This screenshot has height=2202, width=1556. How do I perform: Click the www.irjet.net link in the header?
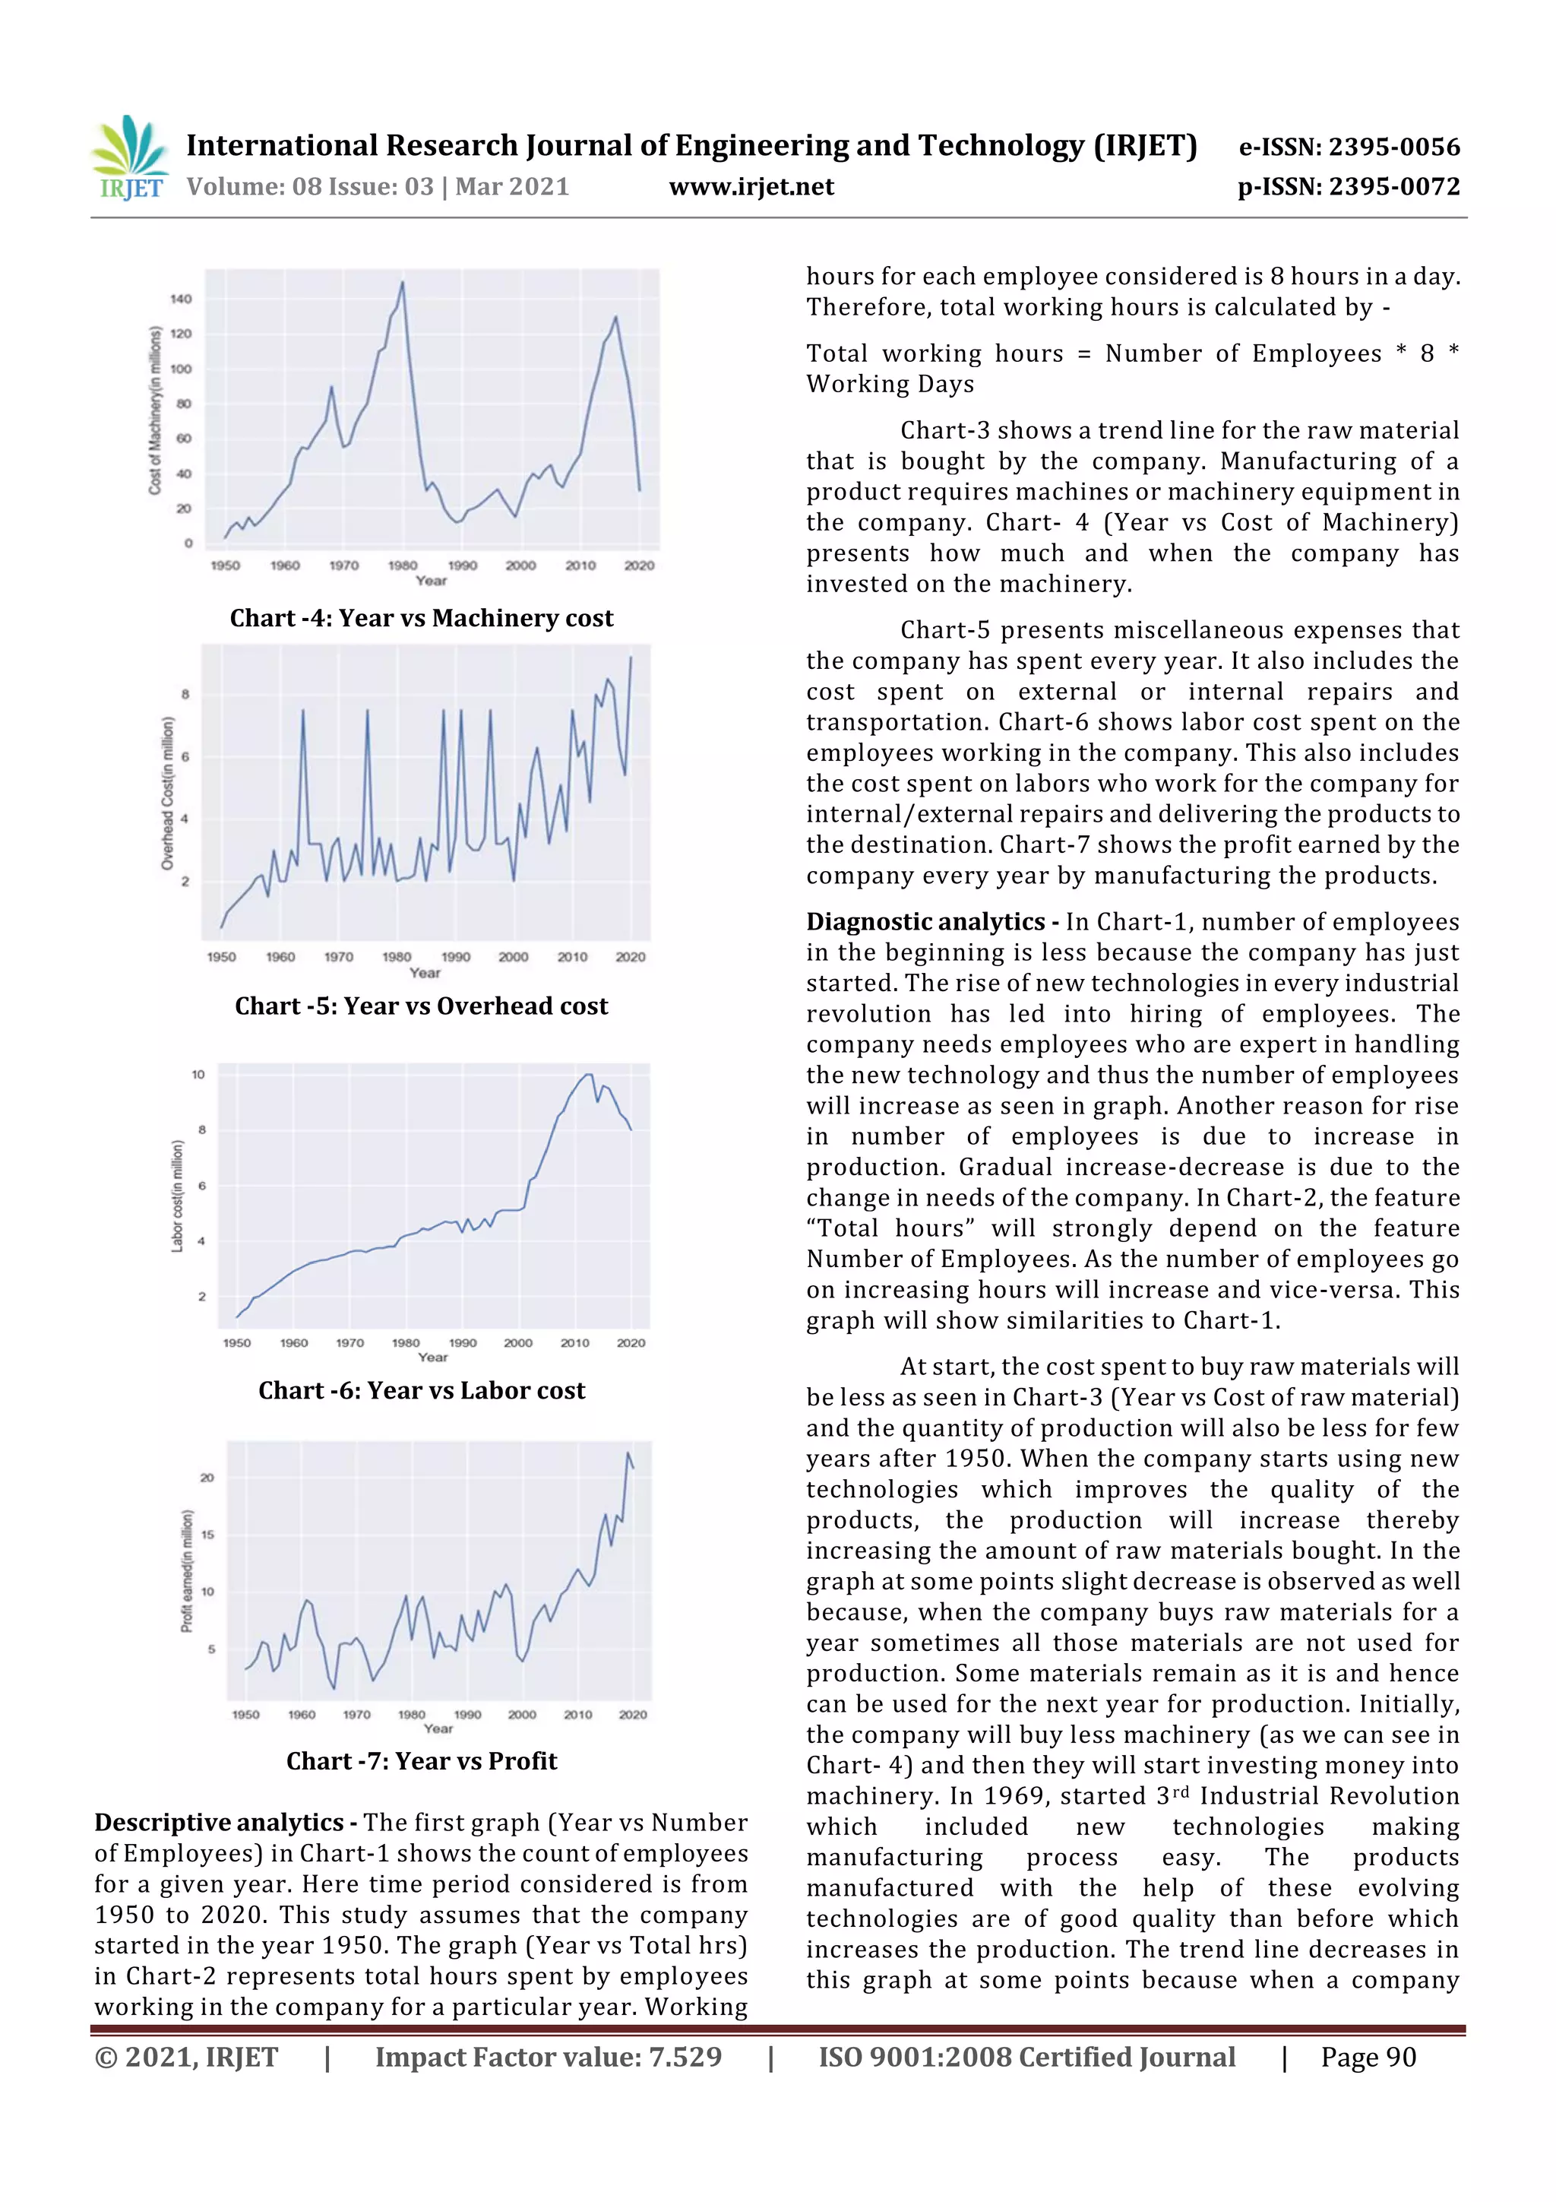[751, 187]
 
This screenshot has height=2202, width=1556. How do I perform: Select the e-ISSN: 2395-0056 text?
[1349, 147]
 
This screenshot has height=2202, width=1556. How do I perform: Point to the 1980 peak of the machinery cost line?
[402, 282]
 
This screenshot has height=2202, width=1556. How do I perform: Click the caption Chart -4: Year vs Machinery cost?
[421, 619]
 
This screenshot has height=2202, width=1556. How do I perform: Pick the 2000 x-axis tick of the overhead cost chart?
[513, 956]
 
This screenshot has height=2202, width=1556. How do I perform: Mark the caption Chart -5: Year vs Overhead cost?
[421, 1006]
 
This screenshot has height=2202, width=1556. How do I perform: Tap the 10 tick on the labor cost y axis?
[198, 1074]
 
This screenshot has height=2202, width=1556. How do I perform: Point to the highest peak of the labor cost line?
[589, 1074]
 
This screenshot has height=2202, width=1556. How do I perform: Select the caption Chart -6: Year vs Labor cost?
[421, 1391]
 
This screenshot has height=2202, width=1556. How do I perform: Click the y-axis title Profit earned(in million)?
[187, 1571]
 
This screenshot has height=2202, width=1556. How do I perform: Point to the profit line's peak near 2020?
[628, 1453]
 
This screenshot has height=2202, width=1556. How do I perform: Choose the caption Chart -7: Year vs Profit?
[421, 1761]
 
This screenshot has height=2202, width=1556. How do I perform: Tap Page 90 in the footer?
[1368, 2057]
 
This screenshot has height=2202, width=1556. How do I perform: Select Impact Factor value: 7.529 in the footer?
[548, 2057]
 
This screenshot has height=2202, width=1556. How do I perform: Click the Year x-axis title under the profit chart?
[438, 1728]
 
